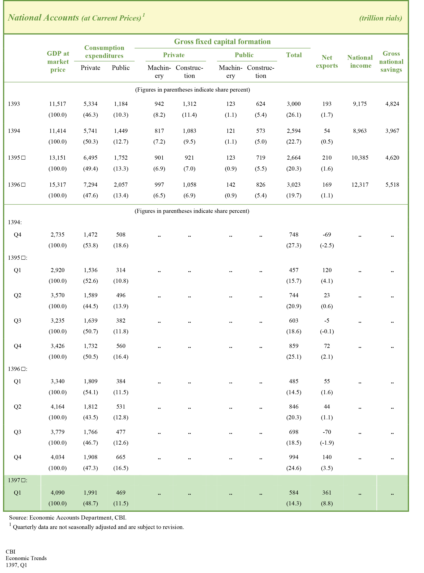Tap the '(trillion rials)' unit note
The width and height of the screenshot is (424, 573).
pyautogui.click(x=380, y=18)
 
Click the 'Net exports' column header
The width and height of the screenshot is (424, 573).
pyautogui.click(x=327, y=62)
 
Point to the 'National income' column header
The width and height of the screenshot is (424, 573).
pyautogui.click(x=360, y=62)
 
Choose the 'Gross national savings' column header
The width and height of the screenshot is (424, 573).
pyautogui.click(x=391, y=62)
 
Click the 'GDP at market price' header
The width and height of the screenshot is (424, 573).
pyautogui.click(x=58, y=62)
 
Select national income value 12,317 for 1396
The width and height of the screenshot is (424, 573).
pyautogui.click(x=360, y=185)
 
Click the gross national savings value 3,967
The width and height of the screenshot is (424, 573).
pyautogui.click(x=392, y=131)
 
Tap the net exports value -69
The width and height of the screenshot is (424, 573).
pyautogui.click(x=327, y=235)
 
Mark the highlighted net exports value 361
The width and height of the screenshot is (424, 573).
pyautogui.click(x=327, y=492)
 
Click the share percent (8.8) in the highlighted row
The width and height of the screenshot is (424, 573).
pyautogui.click(x=327, y=503)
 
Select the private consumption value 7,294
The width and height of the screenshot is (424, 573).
pyautogui.click(x=90, y=185)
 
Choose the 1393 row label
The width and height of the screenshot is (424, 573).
pyautogui.click(x=14, y=104)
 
